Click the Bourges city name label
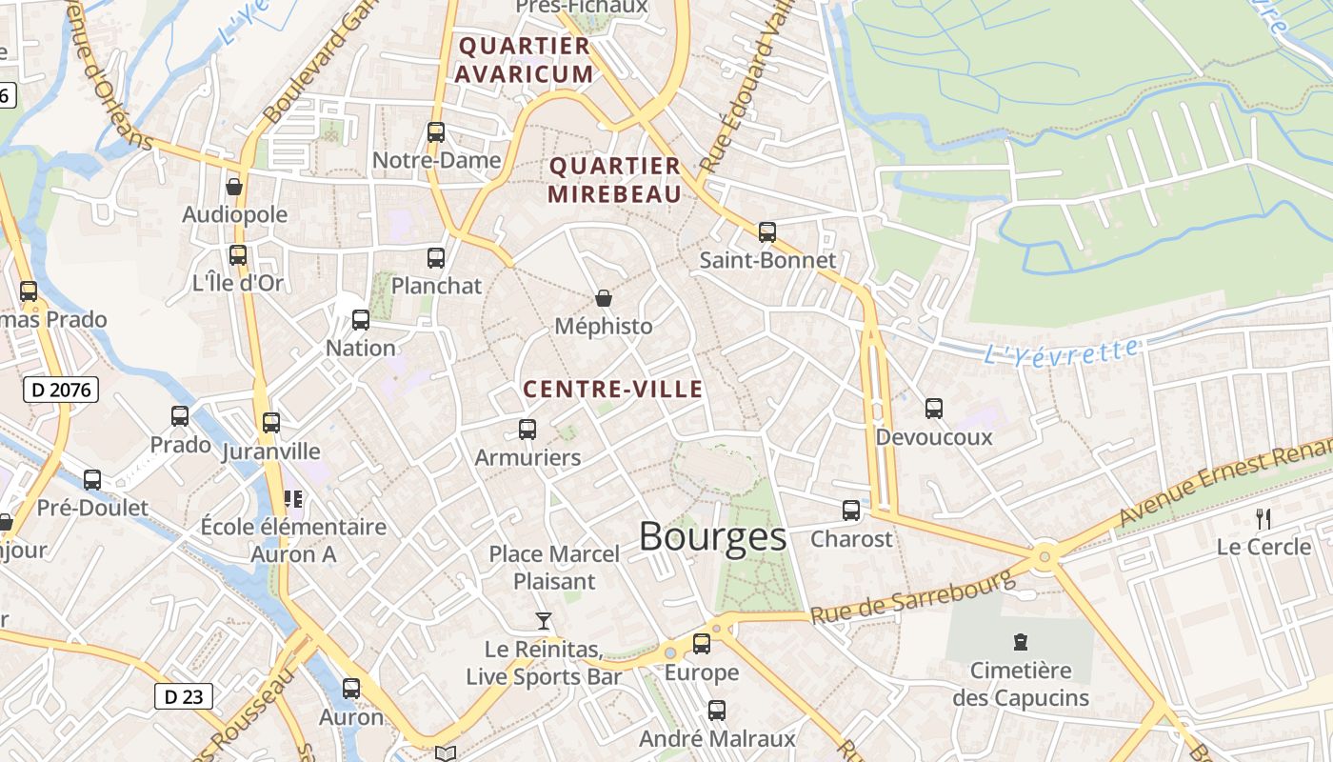(x=712, y=537)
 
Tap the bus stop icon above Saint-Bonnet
(x=766, y=231)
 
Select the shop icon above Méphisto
(x=604, y=298)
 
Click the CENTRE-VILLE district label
(x=613, y=389)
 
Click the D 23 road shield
(x=183, y=696)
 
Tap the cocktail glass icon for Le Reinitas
(x=544, y=621)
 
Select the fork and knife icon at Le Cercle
(x=1263, y=519)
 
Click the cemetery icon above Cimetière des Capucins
(x=1021, y=642)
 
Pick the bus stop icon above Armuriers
(x=527, y=430)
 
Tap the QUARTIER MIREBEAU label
(x=615, y=180)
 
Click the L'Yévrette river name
(x=1060, y=351)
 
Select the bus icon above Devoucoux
(x=934, y=409)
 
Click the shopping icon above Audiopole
(x=234, y=187)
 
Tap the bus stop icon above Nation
(x=361, y=320)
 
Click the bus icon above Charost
(x=851, y=511)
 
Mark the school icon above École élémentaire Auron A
(x=293, y=498)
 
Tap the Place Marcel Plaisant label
(x=554, y=567)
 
